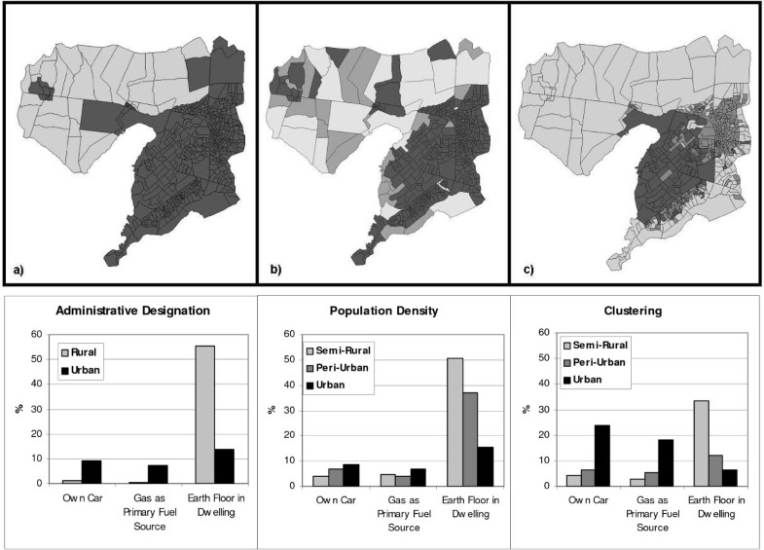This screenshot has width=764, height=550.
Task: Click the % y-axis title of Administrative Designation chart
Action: (x=17, y=408)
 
